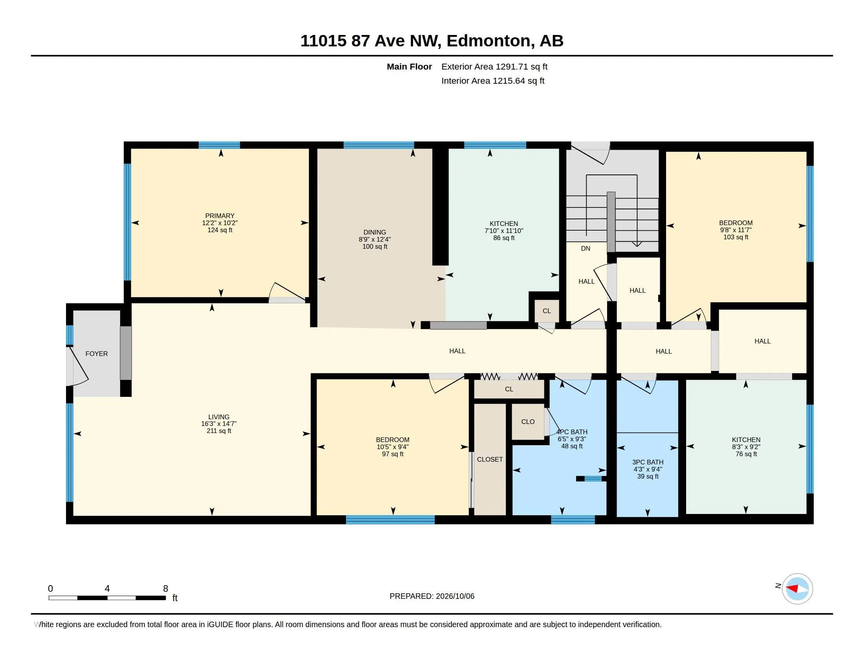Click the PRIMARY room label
(x=220, y=216)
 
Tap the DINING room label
(x=375, y=232)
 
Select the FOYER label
(x=97, y=354)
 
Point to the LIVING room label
(x=219, y=417)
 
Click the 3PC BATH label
(x=648, y=462)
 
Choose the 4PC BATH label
(x=572, y=432)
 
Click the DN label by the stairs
(x=586, y=248)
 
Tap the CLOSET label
(x=490, y=459)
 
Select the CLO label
(x=528, y=422)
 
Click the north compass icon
(x=797, y=589)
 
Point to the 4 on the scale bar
(x=107, y=589)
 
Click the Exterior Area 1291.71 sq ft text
(x=494, y=66)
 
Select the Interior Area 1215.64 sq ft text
(x=493, y=81)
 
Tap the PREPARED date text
(x=432, y=596)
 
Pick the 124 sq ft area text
(x=220, y=230)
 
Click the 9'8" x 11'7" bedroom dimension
(x=736, y=230)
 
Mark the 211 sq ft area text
(x=219, y=431)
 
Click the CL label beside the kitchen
(x=547, y=311)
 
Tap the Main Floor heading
(x=410, y=66)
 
